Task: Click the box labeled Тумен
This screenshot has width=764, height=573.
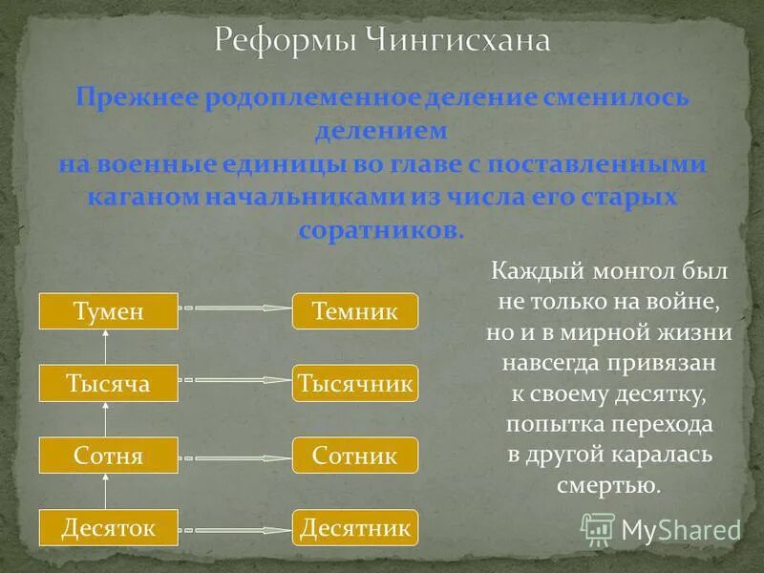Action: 109,311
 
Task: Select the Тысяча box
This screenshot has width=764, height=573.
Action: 109,383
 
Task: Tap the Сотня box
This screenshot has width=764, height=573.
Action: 109,455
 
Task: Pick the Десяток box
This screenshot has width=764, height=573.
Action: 109,526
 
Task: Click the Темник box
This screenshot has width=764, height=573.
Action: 354,311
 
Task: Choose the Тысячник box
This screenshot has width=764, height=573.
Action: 354,383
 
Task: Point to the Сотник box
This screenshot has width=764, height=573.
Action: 354,455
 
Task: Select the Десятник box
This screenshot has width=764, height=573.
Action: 354,526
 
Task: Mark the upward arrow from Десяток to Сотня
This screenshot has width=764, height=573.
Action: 108,491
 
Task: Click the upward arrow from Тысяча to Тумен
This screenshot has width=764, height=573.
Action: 108,347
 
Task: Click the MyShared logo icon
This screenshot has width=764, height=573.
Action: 598,527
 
